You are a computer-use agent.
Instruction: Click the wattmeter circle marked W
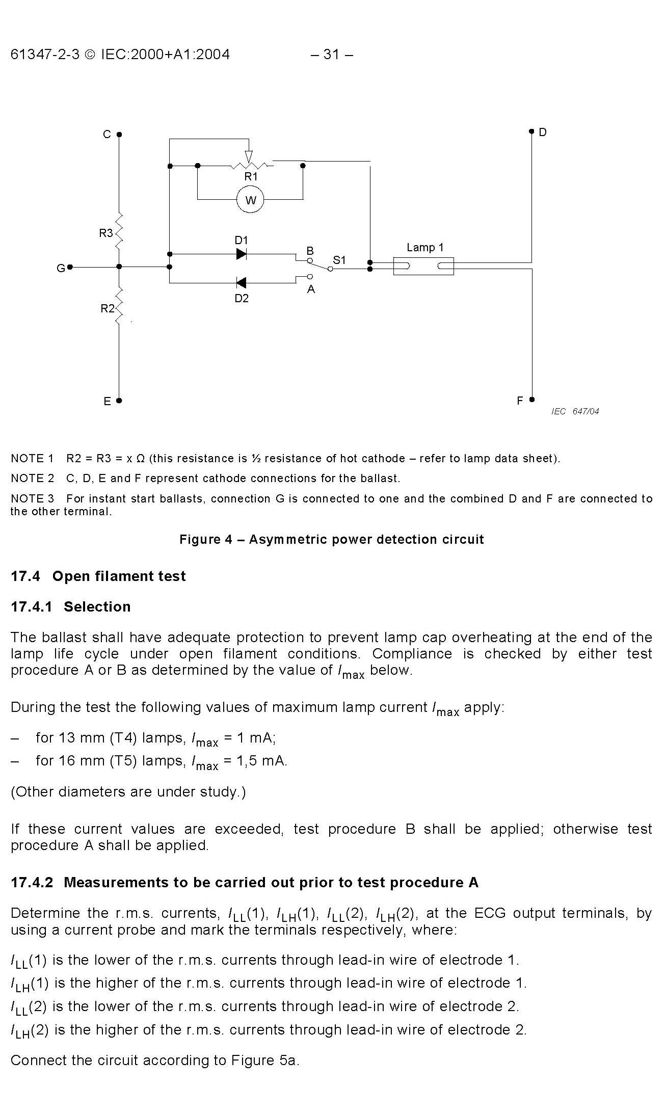(250, 200)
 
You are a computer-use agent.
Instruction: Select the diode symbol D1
(242, 254)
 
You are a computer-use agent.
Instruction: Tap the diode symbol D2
(242, 282)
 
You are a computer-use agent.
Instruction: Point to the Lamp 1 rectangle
(423, 266)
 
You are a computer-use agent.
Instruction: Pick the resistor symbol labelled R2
(119, 306)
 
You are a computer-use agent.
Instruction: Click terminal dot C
(119, 135)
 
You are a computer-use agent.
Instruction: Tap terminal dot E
(119, 401)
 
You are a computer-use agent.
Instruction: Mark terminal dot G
(70, 267)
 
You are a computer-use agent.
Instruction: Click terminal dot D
(531, 131)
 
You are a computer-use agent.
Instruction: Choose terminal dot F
(531, 400)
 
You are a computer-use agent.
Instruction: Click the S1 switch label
(339, 260)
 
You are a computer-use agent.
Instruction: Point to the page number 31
(331, 55)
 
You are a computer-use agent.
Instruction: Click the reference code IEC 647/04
(575, 411)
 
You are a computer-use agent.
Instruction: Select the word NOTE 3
(32, 498)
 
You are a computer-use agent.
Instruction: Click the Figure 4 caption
(331, 539)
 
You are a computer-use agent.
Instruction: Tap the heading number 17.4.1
(32, 606)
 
